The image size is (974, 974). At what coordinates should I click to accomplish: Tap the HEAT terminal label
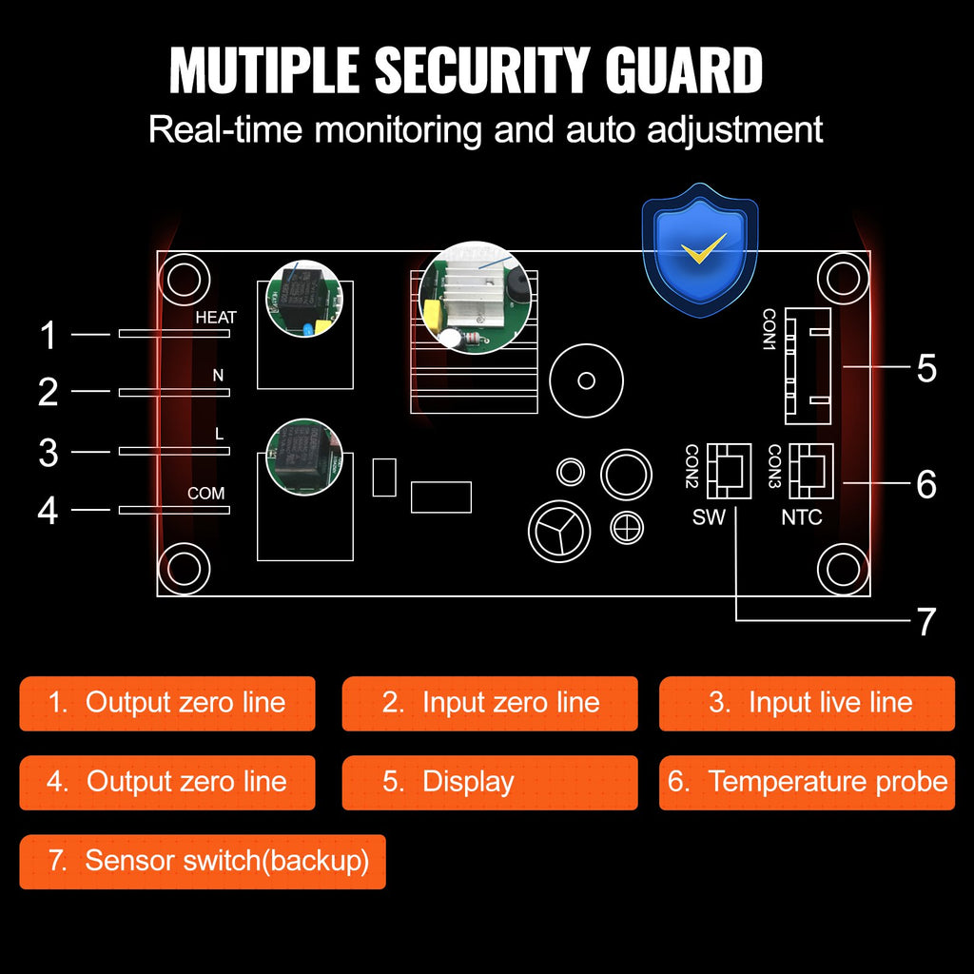216,318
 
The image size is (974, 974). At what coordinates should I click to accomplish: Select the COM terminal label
206,494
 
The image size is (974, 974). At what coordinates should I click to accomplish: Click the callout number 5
926,368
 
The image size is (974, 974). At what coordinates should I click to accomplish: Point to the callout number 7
926,622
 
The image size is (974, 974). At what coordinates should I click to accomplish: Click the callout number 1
49,336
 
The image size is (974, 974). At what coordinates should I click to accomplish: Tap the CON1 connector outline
807,365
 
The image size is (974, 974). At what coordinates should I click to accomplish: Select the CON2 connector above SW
729,470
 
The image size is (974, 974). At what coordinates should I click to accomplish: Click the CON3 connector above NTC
810,470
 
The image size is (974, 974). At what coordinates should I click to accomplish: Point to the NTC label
802,518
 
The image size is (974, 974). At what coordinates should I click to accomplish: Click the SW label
709,518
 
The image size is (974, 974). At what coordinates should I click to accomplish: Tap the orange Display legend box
490,782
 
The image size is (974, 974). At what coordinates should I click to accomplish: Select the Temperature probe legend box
807,782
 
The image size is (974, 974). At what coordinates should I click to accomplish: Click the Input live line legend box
807,703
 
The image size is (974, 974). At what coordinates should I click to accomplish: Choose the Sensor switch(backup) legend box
203,861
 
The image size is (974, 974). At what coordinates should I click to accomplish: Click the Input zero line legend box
490,703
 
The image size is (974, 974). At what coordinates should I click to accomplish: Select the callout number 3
49,453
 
